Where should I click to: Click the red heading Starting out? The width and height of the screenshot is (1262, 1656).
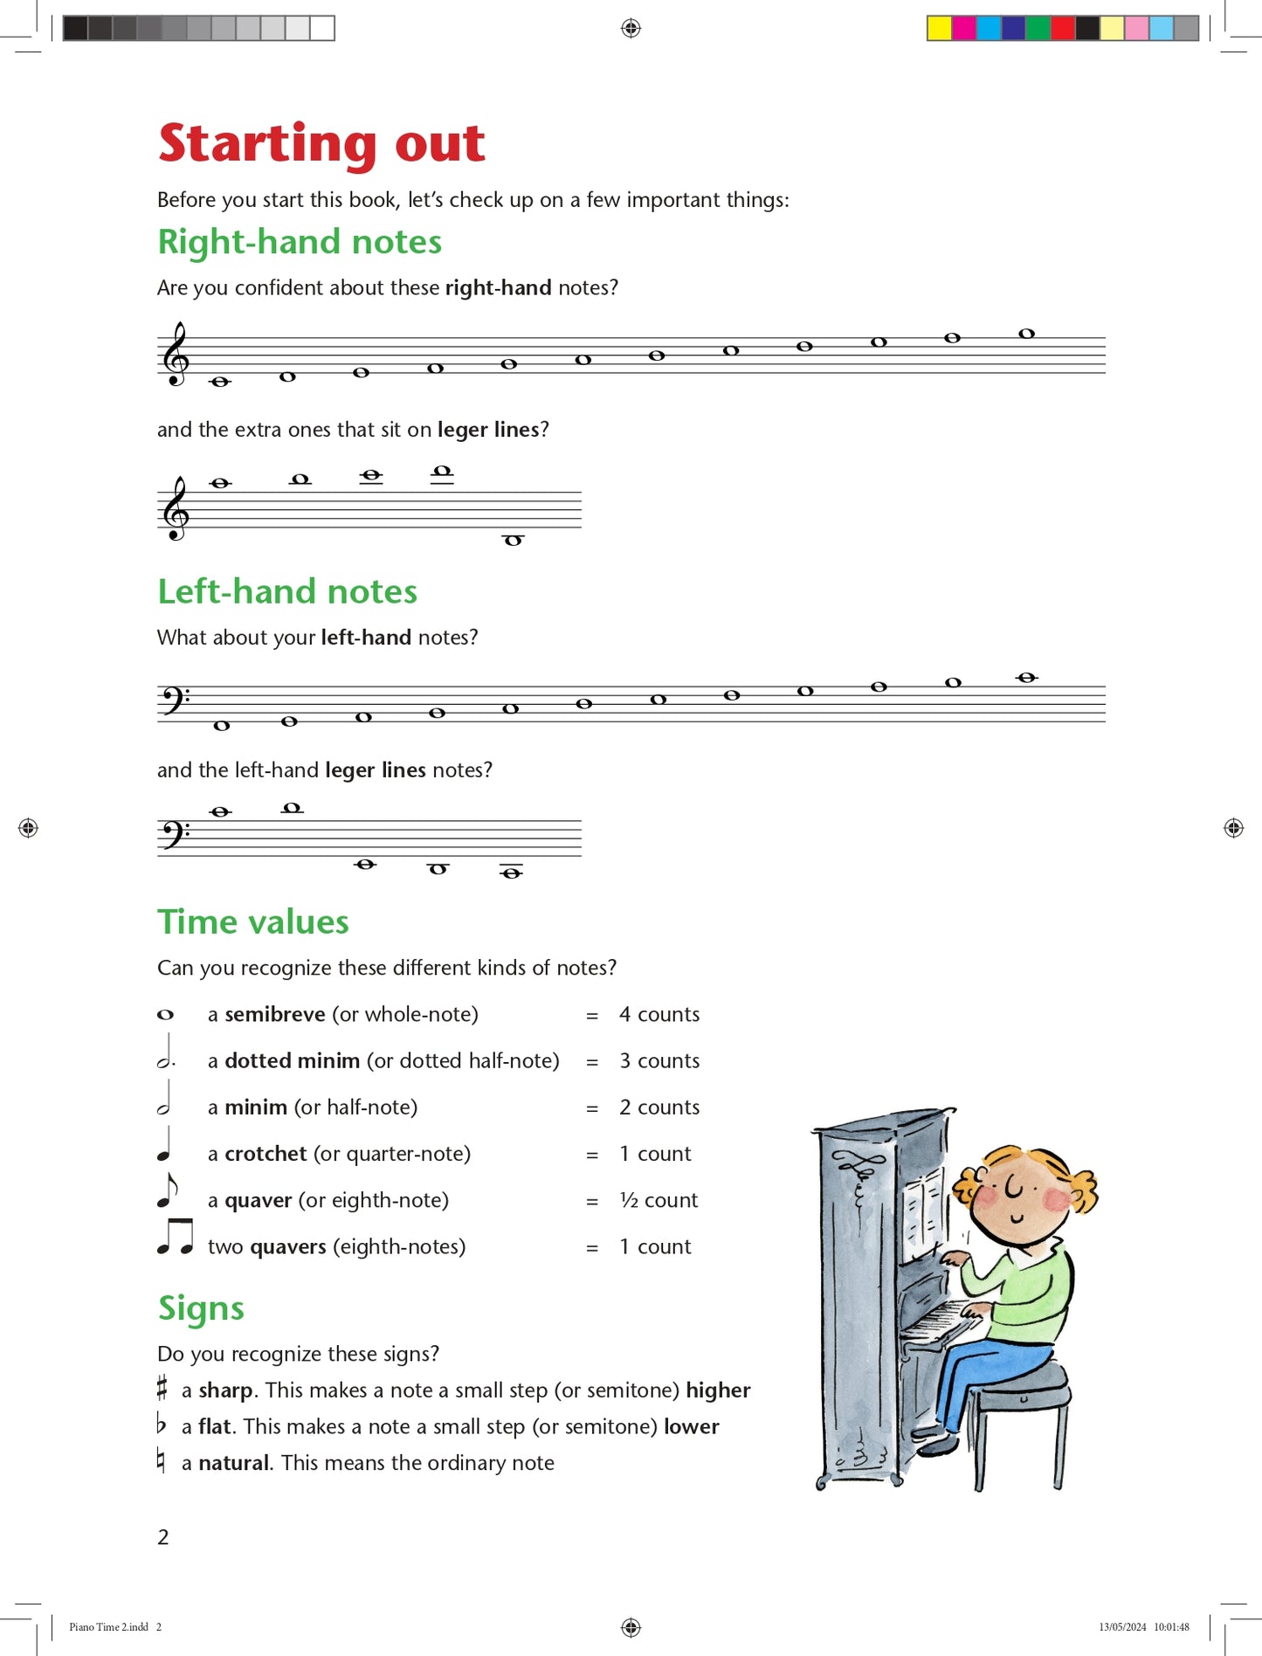(321, 143)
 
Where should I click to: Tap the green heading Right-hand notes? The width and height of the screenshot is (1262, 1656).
(300, 242)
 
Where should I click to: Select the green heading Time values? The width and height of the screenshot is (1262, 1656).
(253, 922)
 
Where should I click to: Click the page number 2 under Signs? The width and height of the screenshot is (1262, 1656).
(163, 1537)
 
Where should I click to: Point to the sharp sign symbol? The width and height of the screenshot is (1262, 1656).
(162, 1388)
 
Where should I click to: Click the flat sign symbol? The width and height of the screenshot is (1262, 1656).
(161, 1425)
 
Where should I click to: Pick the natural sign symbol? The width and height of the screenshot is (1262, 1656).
(161, 1460)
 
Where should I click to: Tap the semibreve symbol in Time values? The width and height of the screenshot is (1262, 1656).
(165, 1015)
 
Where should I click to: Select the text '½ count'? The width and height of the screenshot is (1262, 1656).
(659, 1200)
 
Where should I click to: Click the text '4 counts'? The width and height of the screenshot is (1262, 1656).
(659, 1014)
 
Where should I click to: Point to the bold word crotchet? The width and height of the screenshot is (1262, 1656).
(266, 1154)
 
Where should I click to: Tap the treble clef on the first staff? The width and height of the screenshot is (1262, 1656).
(176, 355)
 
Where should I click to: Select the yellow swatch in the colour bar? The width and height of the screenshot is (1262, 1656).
(939, 29)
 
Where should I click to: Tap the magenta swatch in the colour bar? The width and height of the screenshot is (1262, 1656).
(963, 29)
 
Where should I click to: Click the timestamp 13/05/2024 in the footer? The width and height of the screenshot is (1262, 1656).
(1122, 1627)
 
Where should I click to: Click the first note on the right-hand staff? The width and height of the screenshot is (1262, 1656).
(220, 382)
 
